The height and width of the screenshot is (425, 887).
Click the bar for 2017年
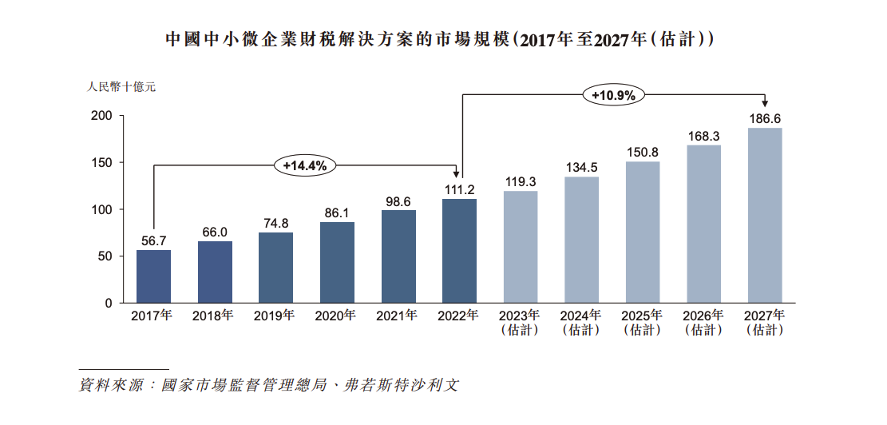(153, 276)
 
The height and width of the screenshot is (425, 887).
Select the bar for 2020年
(337, 263)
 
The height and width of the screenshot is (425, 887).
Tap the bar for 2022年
(459, 251)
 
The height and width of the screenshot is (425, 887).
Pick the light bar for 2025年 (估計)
(643, 232)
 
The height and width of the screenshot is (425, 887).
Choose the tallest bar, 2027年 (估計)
(765, 216)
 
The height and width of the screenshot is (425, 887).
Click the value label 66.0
(215, 232)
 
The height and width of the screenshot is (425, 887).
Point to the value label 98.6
(398, 201)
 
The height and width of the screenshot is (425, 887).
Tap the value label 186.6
(765, 118)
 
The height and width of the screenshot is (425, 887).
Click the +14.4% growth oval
(305, 165)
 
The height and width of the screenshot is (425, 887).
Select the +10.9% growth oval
(613, 95)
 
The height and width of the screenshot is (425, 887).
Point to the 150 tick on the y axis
(101, 163)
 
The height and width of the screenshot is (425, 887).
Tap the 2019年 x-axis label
(275, 316)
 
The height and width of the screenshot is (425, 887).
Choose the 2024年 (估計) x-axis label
(581, 322)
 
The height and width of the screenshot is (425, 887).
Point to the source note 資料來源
(269, 385)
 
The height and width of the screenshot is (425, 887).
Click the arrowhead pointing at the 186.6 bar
(765, 103)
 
